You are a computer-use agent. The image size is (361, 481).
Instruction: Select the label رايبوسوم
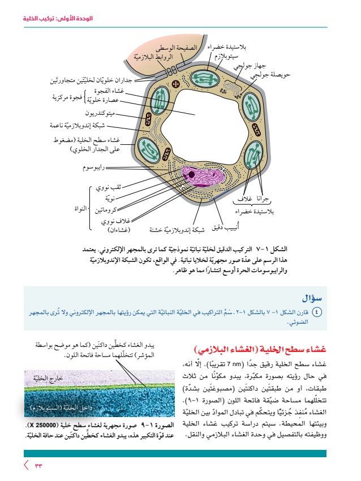(93, 168)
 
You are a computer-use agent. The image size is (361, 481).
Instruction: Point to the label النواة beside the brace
(81, 208)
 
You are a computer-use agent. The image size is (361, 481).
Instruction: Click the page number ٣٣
(38, 465)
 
